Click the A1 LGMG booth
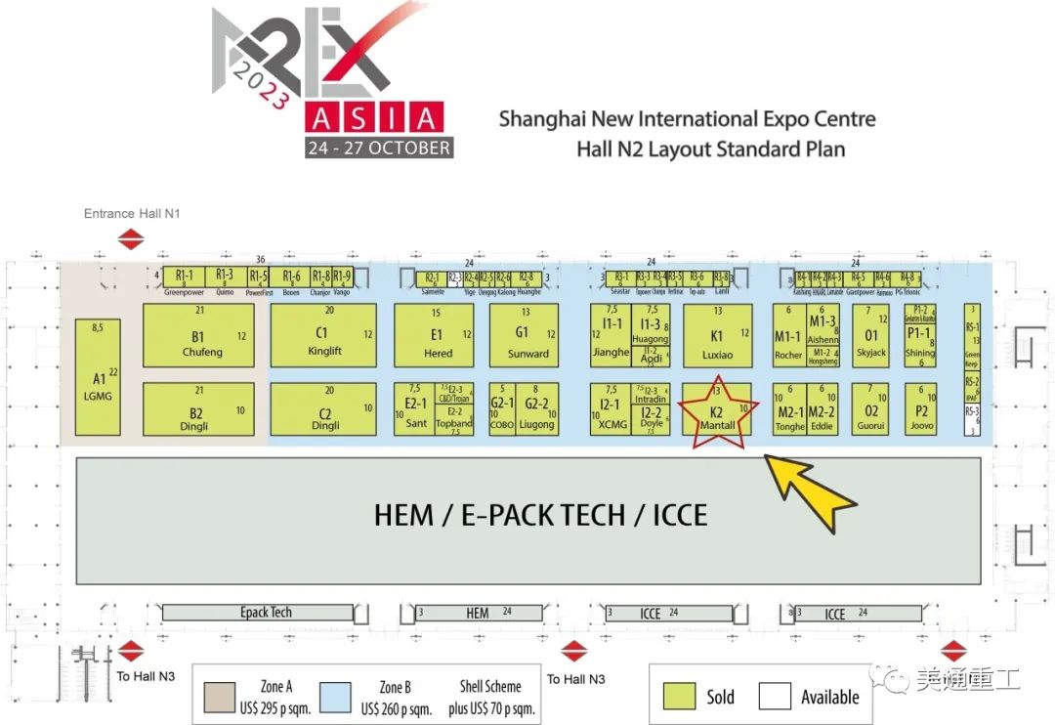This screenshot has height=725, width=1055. click(x=98, y=377)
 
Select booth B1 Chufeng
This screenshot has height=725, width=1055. click(x=198, y=335)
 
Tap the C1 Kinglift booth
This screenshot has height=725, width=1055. click(x=323, y=335)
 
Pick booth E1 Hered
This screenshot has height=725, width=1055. click(x=434, y=335)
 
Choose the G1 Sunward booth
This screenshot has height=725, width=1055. click(x=524, y=335)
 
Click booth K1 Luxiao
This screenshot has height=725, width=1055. click(x=717, y=335)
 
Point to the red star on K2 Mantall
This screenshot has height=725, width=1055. click(x=718, y=413)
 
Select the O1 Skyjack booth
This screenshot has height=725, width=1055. click(x=870, y=335)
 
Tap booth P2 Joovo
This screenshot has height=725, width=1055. click(x=920, y=408)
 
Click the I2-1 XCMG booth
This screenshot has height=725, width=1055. click(x=610, y=408)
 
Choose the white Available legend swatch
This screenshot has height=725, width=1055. click(x=775, y=696)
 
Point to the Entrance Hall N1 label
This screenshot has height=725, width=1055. click(x=132, y=214)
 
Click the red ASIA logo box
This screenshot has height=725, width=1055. click(x=373, y=118)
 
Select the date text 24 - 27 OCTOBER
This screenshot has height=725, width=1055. click(x=378, y=149)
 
